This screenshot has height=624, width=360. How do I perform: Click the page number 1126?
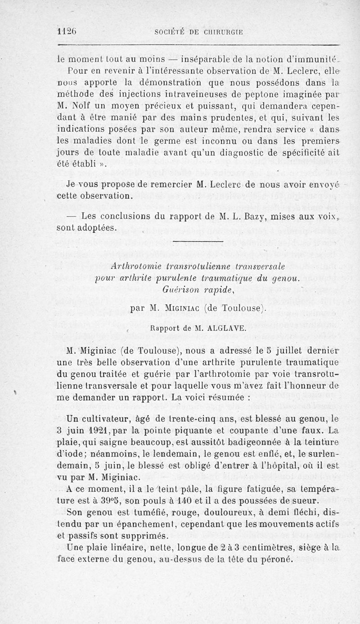click(67, 32)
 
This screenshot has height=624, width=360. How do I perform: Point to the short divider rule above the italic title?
click(198, 243)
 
